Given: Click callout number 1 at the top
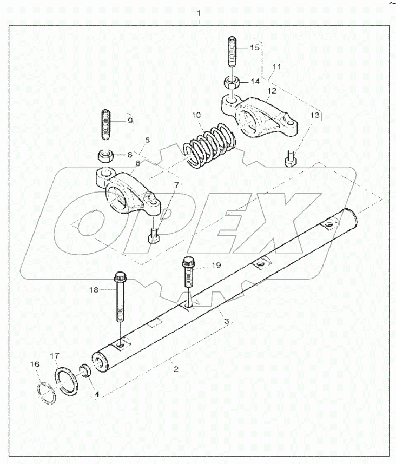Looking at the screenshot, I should [199, 12].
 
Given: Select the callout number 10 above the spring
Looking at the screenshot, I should [196, 115].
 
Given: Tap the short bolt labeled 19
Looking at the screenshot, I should [187, 270].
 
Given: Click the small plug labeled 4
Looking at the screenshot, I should [84, 370].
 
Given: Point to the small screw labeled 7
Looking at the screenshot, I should [154, 236].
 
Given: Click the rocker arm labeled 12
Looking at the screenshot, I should [260, 115].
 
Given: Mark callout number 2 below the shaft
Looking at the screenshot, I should [175, 369].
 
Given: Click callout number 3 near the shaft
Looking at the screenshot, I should [227, 321].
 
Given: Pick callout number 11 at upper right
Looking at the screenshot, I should [277, 67].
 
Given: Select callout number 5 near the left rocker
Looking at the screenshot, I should [147, 140].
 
